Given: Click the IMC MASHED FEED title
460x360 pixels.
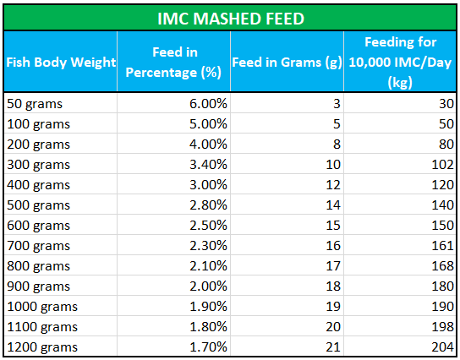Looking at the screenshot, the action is point(231,19).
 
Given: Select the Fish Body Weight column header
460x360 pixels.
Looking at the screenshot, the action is point(61,63).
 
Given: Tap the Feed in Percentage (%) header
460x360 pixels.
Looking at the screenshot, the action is point(173,63).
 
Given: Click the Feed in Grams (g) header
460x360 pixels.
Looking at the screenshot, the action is point(287,63).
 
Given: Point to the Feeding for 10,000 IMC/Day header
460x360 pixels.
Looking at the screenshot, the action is point(400,63).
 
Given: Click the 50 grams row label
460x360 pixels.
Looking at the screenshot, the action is point(35,104).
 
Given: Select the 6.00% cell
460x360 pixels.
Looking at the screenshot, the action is point(208,104).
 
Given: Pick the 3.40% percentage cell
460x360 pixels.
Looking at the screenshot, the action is point(208,165).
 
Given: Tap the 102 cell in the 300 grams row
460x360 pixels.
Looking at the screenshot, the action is point(443,165).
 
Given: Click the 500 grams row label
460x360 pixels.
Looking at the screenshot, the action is point(38,205).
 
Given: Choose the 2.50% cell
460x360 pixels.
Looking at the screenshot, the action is point(208,226).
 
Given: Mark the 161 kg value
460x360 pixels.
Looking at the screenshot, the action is point(443,246).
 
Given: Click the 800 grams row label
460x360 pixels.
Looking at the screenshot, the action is point(38,266).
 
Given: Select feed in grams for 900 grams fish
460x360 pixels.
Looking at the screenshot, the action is point(333,286).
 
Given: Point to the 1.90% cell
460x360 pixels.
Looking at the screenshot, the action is point(208,307).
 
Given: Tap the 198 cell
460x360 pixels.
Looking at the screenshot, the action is point(443,326).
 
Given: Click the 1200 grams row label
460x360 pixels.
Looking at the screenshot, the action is point(42,347).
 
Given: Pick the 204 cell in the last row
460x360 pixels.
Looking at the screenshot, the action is point(443,347).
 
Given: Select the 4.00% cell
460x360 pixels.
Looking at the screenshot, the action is point(208,145).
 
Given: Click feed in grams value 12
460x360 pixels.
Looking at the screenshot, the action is point(333,185).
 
